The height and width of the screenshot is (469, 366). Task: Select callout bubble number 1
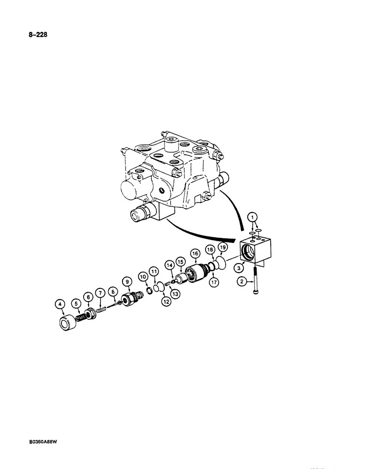[x=252, y=217]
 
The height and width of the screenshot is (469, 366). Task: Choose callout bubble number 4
[x=60, y=304]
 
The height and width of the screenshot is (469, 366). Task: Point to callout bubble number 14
[x=169, y=265]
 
